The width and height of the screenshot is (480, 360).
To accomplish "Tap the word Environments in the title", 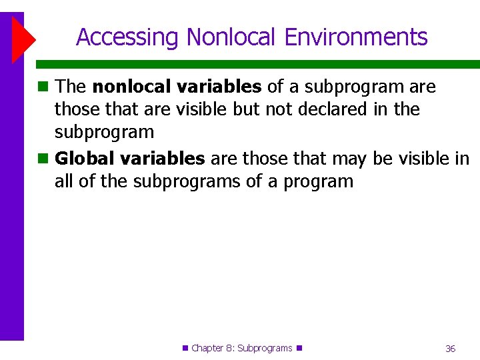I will (x=356, y=37).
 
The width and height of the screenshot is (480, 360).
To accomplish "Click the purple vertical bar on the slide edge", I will (x=11, y=200).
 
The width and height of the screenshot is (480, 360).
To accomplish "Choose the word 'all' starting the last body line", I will (x=64, y=181).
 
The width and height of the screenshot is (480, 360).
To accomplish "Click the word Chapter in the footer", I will (x=207, y=348).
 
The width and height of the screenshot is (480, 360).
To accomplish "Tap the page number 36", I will (x=450, y=349).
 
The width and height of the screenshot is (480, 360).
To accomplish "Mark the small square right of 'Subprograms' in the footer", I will (x=299, y=347).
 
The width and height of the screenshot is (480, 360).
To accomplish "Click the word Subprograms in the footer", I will (x=265, y=348).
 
